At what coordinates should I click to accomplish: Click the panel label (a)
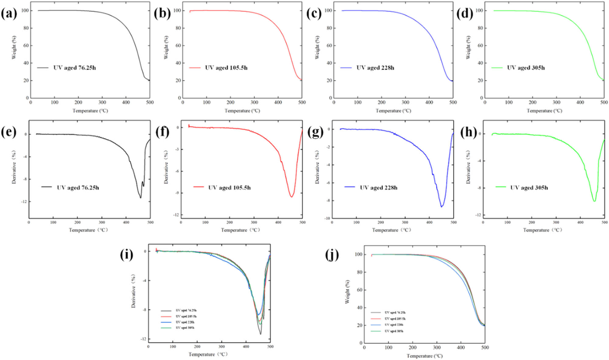(x=9, y=14)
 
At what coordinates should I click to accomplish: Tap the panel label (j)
(x=332, y=255)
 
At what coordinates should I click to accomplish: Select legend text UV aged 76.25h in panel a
(x=74, y=68)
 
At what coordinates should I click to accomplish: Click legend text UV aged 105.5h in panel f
(x=229, y=188)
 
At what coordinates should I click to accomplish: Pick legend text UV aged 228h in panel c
(x=375, y=68)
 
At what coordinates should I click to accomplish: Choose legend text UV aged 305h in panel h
(x=529, y=188)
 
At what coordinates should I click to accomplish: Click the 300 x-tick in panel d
(x=556, y=103)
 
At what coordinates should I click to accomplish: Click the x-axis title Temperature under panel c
(x=393, y=111)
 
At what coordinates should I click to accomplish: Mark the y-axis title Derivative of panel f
(x=166, y=167)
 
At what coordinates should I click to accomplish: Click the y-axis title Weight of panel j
(x=347, y=292)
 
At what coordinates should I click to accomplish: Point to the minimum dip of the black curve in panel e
(x=141, y=198)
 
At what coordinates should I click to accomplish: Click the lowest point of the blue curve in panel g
(x=442, y=207)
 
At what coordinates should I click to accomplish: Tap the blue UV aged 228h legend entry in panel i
(x=185, y=322)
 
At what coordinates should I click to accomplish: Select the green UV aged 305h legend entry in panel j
(x=394, y=331)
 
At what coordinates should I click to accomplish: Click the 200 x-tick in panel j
(x=412, y=348)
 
